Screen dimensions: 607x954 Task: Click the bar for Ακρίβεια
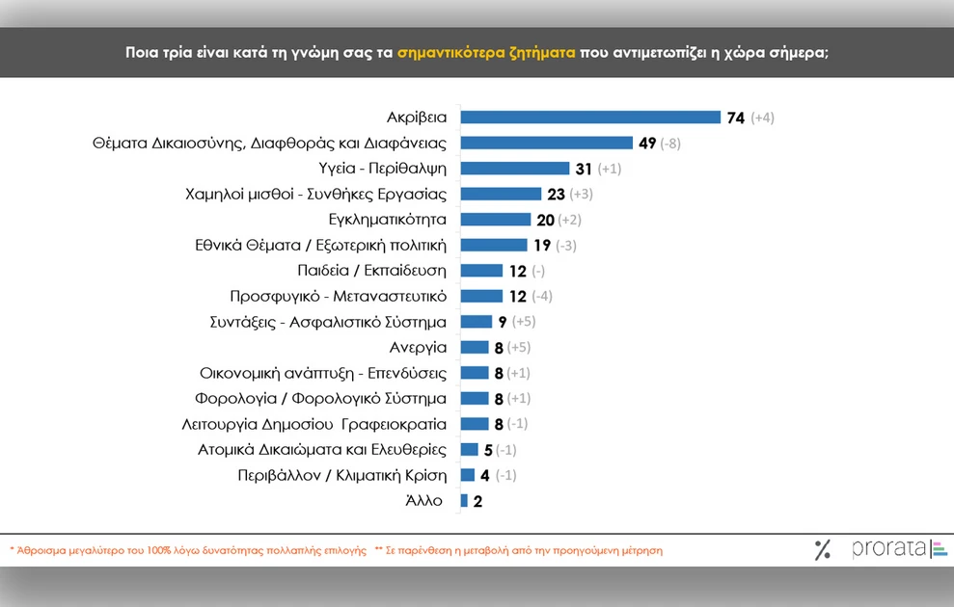[590, 118]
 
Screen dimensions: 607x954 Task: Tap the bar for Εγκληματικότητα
[496, 220]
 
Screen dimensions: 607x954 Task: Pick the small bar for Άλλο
[464, 501]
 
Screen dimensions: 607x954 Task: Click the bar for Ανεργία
[475, 347]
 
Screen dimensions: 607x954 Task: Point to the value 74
[736, 118]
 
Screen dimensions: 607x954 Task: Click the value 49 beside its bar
[646, 143]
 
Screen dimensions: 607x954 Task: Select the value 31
[584, 169]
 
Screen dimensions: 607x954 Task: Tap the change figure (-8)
[672, 144]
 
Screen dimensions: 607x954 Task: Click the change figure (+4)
[762, 118]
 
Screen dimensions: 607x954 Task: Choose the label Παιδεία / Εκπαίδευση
[372, 271]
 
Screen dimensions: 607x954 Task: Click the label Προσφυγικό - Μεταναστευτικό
[338, 296]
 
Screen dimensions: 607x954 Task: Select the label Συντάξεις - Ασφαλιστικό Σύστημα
[328, 322]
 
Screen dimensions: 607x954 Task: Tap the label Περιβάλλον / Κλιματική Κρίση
[341, 475]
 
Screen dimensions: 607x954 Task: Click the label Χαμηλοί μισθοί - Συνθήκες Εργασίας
[315, 194]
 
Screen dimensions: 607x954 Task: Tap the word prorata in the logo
[887, 549]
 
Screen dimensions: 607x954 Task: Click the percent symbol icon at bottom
[822, 550]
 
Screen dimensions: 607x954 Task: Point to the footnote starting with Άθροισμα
[188, 551]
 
